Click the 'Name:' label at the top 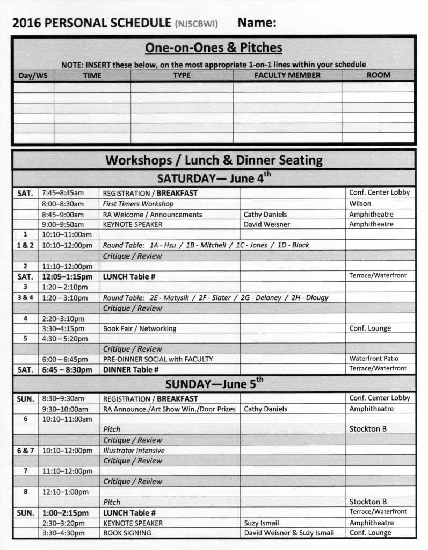(x=257, y=23)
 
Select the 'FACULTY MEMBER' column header (x=287, y=75)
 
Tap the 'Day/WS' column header (x=33, y=76)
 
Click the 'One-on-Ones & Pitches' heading (x=213, y=48)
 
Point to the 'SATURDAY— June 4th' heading (x=214, y=178)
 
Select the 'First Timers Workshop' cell (x=138, y=204)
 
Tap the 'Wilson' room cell (x=360, y=204)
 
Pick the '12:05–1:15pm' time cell (x=67, y=276)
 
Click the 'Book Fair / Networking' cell (x=139, y=328)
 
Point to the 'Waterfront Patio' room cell (x=374, y=359)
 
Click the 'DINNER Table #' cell (x=130, y=369)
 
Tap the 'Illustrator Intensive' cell (x=134, y=451)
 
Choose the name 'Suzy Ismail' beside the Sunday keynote (x=261, y=523)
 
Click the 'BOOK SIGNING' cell (x=127, y=533)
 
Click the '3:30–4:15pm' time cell (x=63, y=328)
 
